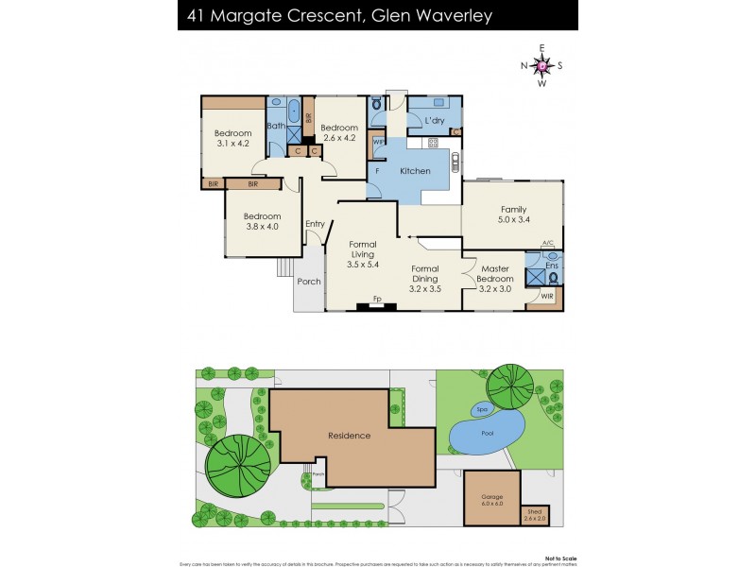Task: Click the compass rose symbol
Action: click(541, 65)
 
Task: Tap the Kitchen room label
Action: click(415, 171)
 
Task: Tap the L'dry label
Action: click(435, 121)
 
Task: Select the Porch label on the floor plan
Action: click(308, 282)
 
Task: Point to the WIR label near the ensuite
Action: click(547, 297)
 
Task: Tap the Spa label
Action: click(481, 410)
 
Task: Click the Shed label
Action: click(535, 515)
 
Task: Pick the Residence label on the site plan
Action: click(349, 436)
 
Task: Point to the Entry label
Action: click(315, 223)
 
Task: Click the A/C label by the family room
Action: click(547, 244)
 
